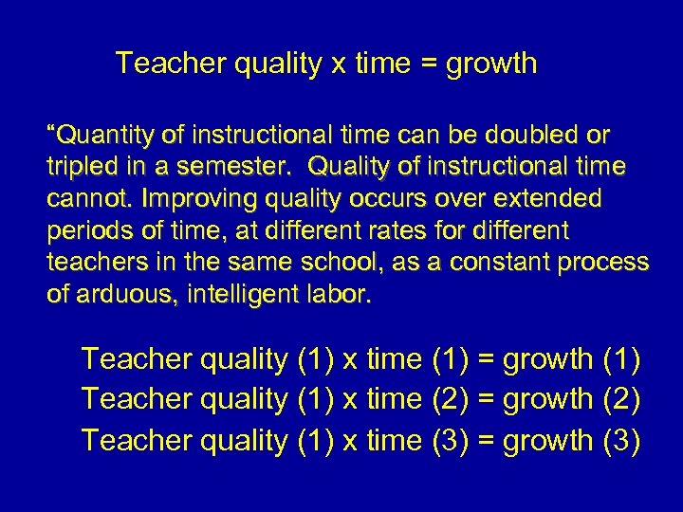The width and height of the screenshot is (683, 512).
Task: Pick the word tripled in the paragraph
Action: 82,168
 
